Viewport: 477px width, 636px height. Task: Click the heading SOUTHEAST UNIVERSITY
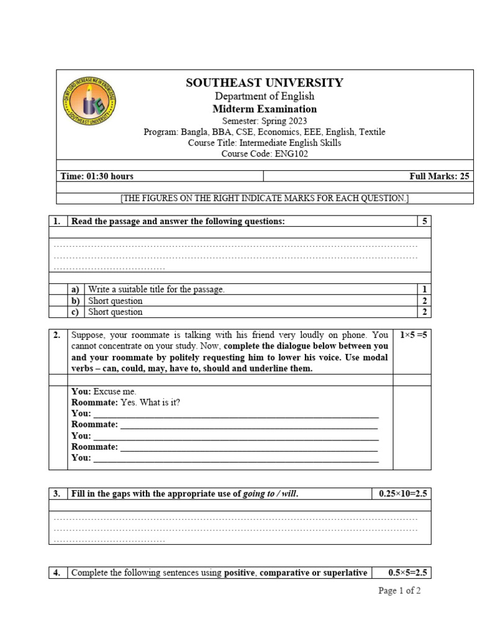pos(264,83)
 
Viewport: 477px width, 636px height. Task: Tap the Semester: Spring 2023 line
pos(264,120)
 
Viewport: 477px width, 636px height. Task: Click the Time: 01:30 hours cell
pos(97,176)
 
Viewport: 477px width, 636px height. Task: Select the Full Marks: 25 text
pos(439,176)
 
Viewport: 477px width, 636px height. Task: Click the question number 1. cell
pos(57,221)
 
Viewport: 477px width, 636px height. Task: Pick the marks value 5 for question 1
pos(425,221)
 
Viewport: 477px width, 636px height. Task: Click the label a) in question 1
pos(75,289)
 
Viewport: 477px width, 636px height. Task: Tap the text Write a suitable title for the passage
pos(156,289)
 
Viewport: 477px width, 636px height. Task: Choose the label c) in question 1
pos(75,312)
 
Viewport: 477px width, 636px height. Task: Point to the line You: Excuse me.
pos(104,391)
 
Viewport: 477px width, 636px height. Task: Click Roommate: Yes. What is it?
pos(125,402)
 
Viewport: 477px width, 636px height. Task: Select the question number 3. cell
pos(57,494)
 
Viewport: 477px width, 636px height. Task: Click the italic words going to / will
pos(270,494)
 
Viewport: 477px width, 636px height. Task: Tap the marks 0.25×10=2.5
pos(403,494)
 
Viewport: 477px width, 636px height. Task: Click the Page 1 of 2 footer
pos(399,591)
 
